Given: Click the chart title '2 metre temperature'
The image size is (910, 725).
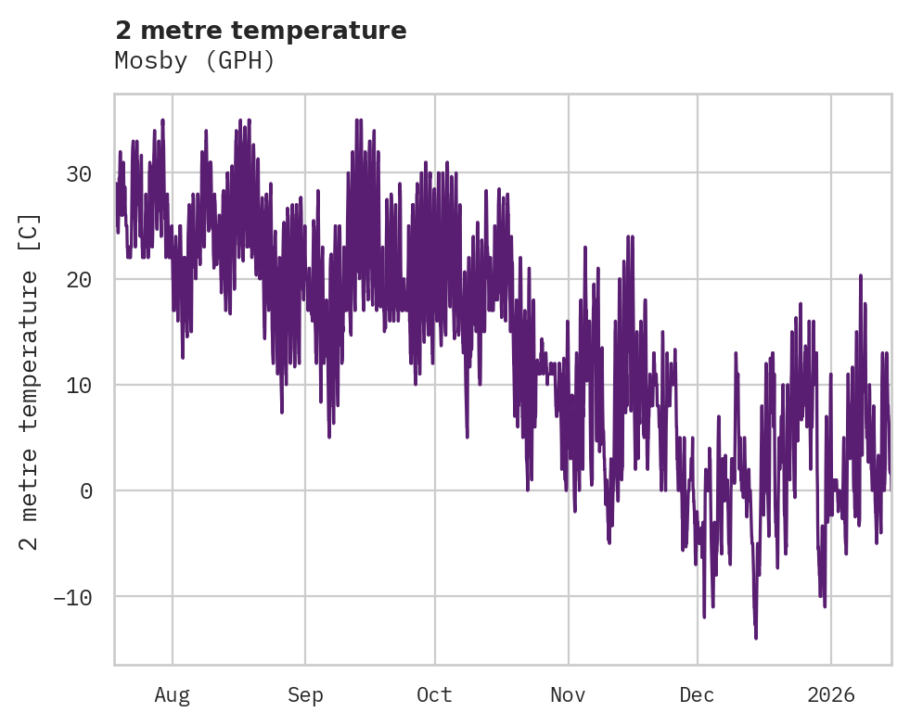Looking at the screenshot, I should pyautogui.click(x=261, y=31).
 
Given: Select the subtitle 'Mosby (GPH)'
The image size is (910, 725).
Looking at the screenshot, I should pyautogui.click(x=195, y=61).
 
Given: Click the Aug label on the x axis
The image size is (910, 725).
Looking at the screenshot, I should pyautogui.click(x=173, y=694).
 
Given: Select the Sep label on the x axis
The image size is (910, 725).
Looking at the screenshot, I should pyautogui.click(x=304, y=694).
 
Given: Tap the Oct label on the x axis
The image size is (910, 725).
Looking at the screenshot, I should pyautogui.click(x=434, y=694).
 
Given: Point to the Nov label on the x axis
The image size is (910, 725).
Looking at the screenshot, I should pyautogui.click(x=568, y=694).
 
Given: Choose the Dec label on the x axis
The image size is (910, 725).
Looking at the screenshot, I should pyautogui.click(x=697, y=694).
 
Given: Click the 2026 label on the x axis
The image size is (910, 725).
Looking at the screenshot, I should pyautogui.click(x=830, y=694).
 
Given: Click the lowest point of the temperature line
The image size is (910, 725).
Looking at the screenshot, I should pyautogui.click(x=755, y=638).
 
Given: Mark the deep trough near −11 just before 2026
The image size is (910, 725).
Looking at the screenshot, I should pyautogui.click(x=824, y=606).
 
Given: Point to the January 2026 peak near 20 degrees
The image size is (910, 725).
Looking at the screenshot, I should pyautogui.click(x=861, y=275).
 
